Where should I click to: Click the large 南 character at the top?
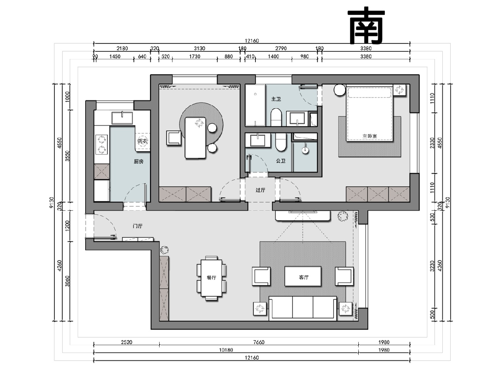pyautogui.click(x=366, y=25)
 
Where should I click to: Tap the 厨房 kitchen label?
pyautogui.click(x=139, y=162)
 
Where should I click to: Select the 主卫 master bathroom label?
pyautogui.click(x=276, y=99)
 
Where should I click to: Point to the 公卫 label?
pyautogui.click(x=281, y=161)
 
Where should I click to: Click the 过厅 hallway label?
pyautogui.click(x=260, y=190)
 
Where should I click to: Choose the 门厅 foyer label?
pyautogui.click(x=138, y=226)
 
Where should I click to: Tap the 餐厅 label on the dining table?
pyautogui.click(x=211, y=278)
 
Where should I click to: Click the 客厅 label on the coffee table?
pyautogui.click(x=304, y=277)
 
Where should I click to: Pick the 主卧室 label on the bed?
pyautogui.click(x=370, y=136)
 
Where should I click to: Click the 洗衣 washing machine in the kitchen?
pyautogui.click(x=143, y=142)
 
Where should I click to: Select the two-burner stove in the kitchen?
pyautogui.click(x=102, y=144)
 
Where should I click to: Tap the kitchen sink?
pyautogui.click(x=122, y=118)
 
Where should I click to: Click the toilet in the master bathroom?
pyautogui.click(x=276, y=117)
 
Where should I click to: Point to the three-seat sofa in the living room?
pyautogui.click(x=303, y=308)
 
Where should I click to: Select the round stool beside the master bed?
pyautogui.click(x=340, y=90)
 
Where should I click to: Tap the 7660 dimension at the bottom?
pyautogui.click(x=259, y=342)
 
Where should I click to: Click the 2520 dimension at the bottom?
pyautogui.click(x=127, y=342)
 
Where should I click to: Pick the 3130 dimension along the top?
pyautogui.click(x=199, y=48)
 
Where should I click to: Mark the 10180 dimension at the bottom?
pyautogui.click(x=226, y=350)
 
